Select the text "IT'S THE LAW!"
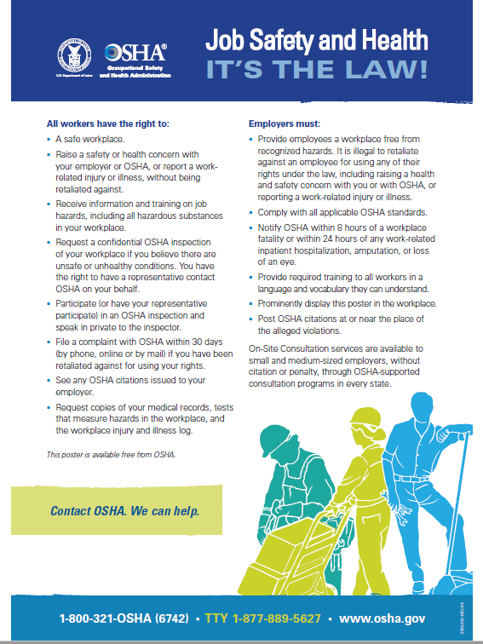click(316, 68)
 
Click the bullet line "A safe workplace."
click(89, 139)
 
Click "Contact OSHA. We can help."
click(124, 512)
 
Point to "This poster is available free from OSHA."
click(111, 455)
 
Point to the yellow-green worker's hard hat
click(364, 418)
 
